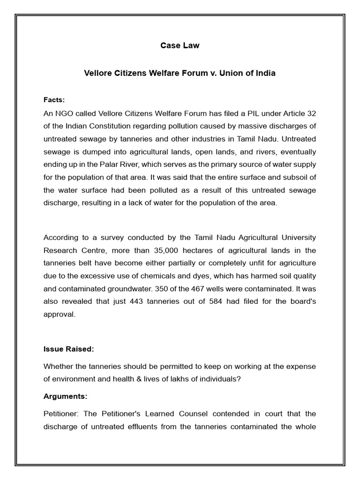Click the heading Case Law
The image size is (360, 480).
tap(180, 45)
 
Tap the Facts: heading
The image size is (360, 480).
tap(54, 100)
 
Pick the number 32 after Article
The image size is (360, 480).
tap(311, 113)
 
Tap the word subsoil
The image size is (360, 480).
tap(296, 177)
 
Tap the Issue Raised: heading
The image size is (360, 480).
tap(69, 349)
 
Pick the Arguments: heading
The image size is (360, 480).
tap(65, 396)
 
